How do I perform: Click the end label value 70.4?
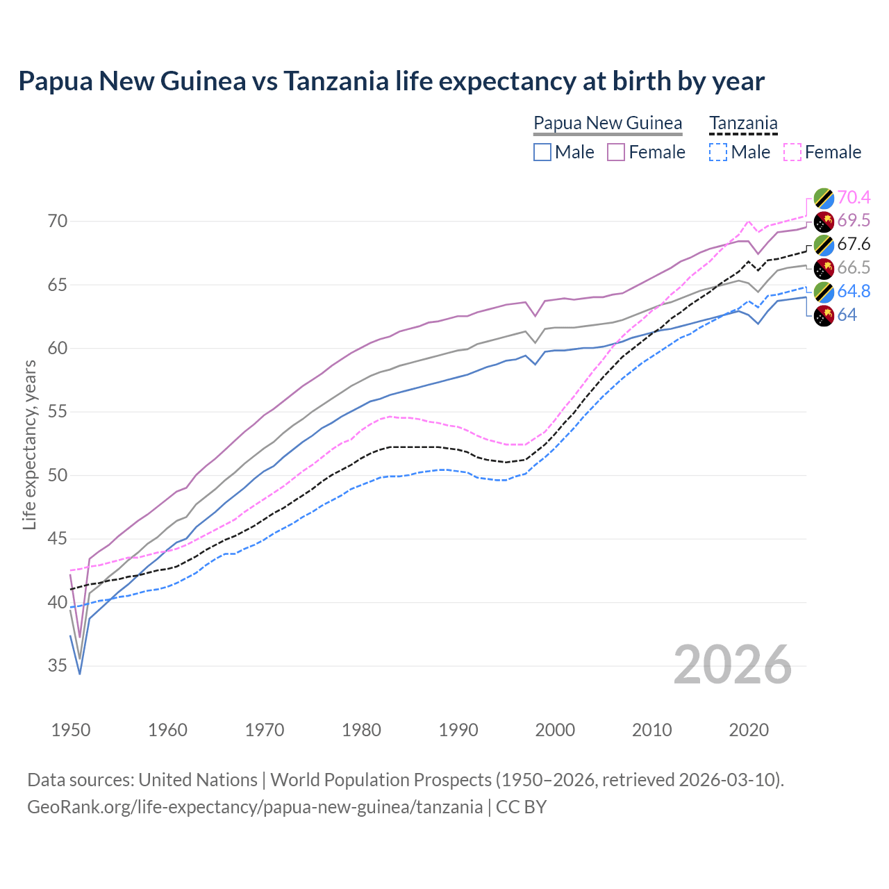pyautogui.click(x=854, y=197)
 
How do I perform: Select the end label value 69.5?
pyautogui.click(x=854, y=221)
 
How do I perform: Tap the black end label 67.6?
pyautogui.click(x=854, y=244)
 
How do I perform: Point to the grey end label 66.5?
pyautogui.click(x=854, y=268)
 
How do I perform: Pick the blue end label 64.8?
pyautogui.click(x=854, y=292)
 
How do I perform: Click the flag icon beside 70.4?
pyautogui.click(x=824, y=198)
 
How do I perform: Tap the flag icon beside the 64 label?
pyautogui.click(x=824, y=315)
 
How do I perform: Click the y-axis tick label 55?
pyautogui.click(x=58, y=412)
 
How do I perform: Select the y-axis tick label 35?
pyautogui.click(x=58, y=666)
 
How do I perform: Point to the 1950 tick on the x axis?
pyautogui.click(x=71, y=730)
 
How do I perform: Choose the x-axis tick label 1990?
pyautogui.click(x=458, y=730)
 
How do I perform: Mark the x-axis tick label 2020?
pyautogui.click(x=749, y=730)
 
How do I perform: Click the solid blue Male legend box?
pyautogui.click(x=542, y=152)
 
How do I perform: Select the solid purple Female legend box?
pyautogui.click(x=616, y=152)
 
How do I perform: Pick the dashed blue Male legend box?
pyautogui.click(x=718, y=152)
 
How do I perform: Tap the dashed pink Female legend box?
pyautogui.click(x=792, y=152)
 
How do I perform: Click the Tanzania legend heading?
pyautogui.click(x=743, y=124)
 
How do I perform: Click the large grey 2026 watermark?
pyautogui.click(x=733, y=665)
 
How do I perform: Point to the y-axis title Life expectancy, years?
pyautogui.click(x=29, y=444)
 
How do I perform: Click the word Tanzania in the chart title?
pyautogui.click(x=336, y=81)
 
